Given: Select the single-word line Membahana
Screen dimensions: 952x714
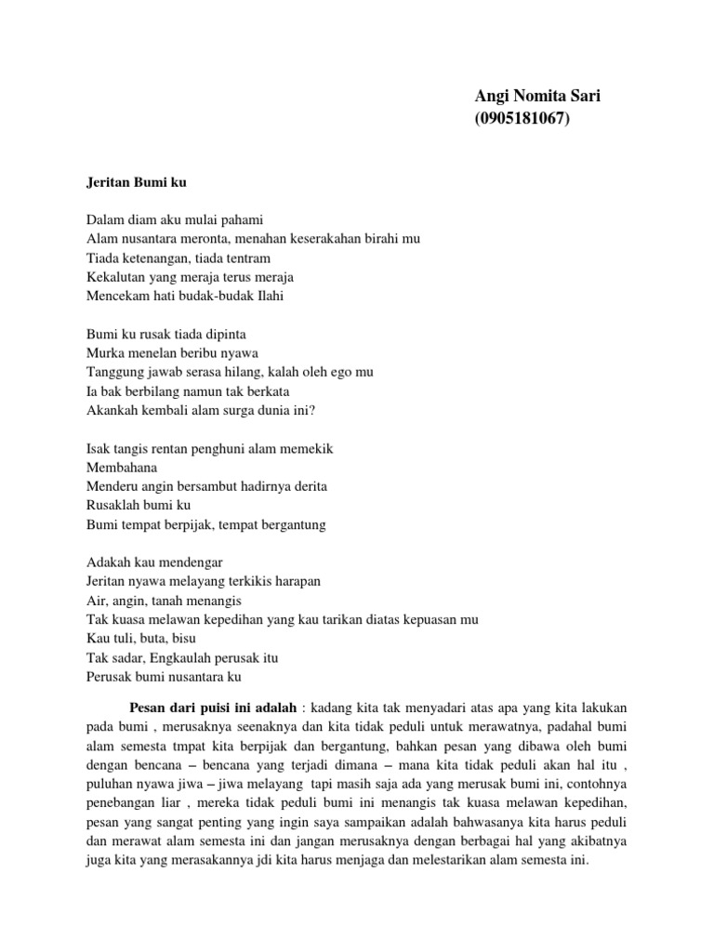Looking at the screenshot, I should click(x=122, y=467).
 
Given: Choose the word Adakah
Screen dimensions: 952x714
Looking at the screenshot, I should click(x=108, y=562).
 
